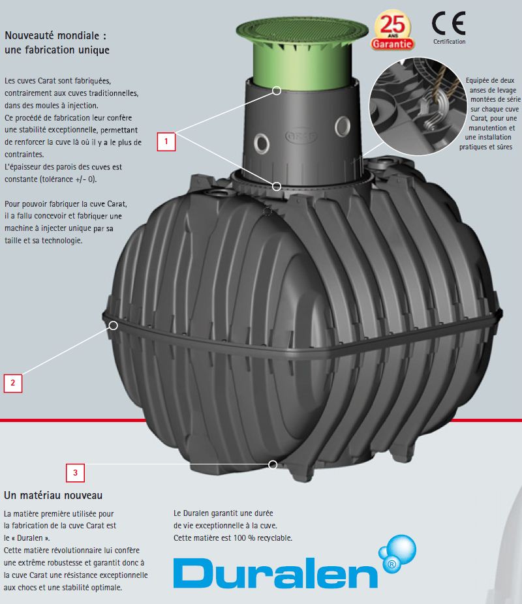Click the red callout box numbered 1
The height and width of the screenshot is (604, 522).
(166, 142)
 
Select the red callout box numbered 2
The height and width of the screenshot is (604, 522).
(12, 383)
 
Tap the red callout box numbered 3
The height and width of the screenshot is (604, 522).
(75, 473)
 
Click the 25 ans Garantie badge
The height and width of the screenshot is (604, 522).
(392, 31)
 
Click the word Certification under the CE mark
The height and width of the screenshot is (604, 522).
(449, 42)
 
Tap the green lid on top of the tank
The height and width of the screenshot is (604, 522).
(302, 50)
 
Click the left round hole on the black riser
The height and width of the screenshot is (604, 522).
(262, 144)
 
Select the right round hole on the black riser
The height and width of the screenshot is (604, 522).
(343, 127)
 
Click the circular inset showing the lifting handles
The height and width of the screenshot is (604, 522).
(418, 106)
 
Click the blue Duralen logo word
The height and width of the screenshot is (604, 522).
(275, 573)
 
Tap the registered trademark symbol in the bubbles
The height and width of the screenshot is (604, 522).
(391, 565)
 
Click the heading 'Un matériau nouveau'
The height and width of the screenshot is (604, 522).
(53, 495)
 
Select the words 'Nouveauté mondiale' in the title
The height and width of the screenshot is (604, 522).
(52, 36)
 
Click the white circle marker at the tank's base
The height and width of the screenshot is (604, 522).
(273, 464)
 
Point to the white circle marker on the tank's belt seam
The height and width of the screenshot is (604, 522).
(114, 325)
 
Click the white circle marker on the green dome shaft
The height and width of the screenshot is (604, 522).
(277, 91)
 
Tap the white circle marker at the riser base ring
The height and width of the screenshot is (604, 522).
(277, 187)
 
